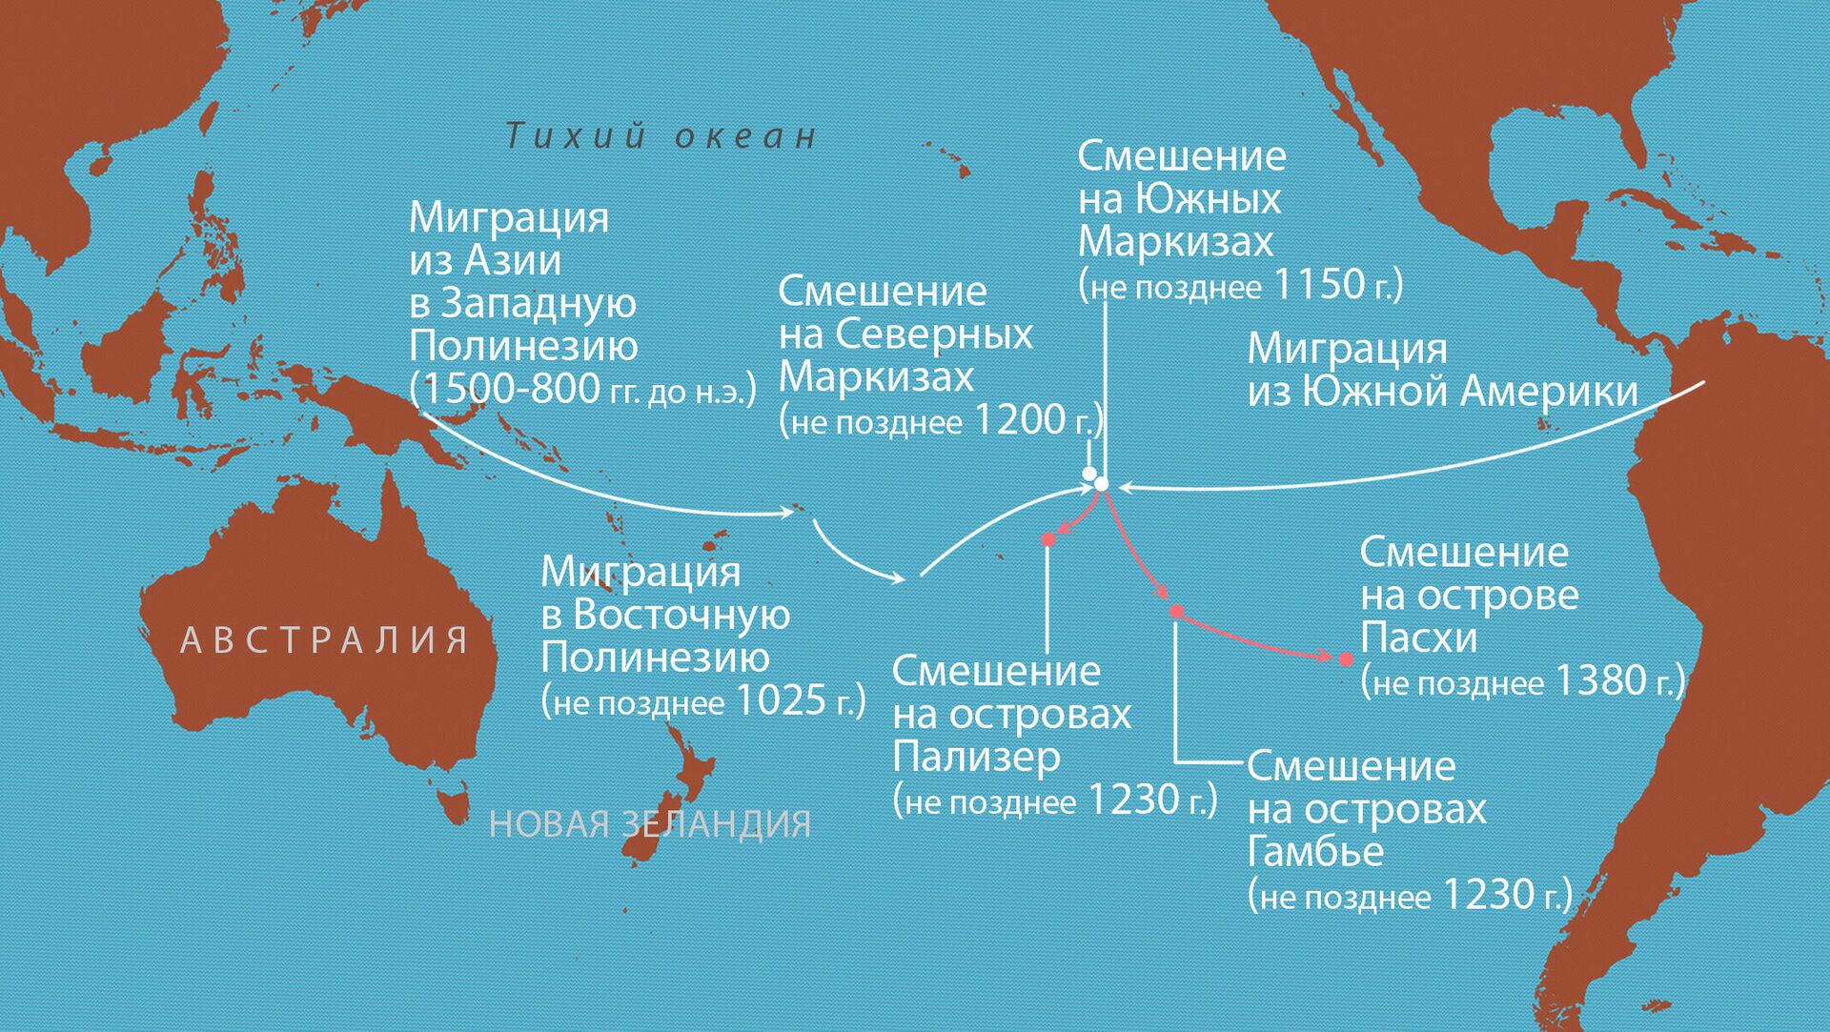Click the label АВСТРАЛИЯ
click(x=324, y=640)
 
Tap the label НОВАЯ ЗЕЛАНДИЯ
click(x=650, y=824)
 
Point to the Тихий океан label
click(x=661, y=136)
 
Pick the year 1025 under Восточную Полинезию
click(x=782, y=700)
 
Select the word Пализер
click(x=976, y=757)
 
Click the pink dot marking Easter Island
click(x=1346, y=659)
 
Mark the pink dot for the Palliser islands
click(x=1048, y=540)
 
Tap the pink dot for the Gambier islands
click(x=1176, y=611)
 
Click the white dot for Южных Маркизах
click(x=1102, y=484)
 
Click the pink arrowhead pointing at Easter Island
click(x=1324, y=656)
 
